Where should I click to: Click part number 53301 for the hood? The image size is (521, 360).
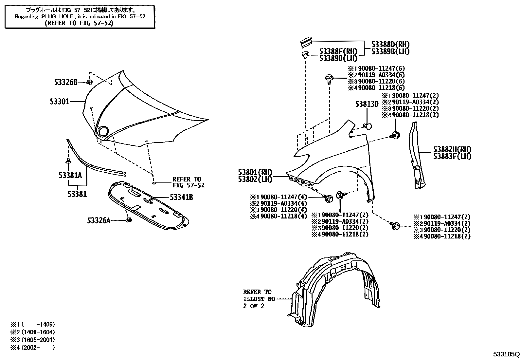(x=60, y=102)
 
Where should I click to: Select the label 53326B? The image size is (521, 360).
(x=66, y=82)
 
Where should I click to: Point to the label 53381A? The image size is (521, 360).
(x=70, y=175)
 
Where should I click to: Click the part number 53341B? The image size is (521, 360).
(x=181, y=197)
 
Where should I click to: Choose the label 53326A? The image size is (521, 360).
(x=99, y=220)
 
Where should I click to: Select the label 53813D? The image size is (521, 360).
(x=367, y=104)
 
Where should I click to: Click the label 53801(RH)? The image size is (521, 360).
(x=255, y=172)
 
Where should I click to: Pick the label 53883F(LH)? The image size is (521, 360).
(x=452, y=156)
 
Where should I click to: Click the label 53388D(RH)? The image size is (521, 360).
(x=390, y=45)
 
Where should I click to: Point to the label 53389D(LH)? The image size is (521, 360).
(x=338, y=58)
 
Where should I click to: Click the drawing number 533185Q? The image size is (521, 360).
(x=506, y=354)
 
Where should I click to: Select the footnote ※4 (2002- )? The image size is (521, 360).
(x=32, y=348)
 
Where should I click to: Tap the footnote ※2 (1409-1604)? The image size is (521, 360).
(x=32, y=332)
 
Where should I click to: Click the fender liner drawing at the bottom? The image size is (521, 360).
(x=337, y=288)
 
